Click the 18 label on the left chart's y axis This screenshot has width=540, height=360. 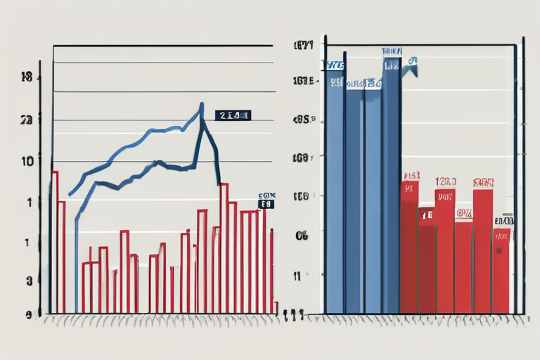tap(27, 78)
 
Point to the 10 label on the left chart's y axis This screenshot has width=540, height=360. tap(27, 160)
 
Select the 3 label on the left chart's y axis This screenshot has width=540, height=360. tap(29, 281)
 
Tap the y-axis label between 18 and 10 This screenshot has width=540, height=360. tap(27, 120)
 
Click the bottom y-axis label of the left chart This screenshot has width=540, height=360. tap(29, 315)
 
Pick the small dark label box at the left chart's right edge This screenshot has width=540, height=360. tap(266, 204)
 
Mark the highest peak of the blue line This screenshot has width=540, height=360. tap(201, 105)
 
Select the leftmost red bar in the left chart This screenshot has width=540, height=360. tap(54, 239)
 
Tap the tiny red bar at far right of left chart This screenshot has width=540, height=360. tap(276, 307)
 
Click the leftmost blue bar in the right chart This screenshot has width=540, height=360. tap(335, 190)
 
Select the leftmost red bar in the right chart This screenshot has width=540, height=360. tap(409, 246)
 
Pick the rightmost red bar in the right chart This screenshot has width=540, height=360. tap(501, 271)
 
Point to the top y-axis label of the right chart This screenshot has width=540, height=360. tap(302, 48)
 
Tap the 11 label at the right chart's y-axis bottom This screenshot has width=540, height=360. tap(298, 276)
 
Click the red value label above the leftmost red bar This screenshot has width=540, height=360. tap(411, 175)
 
